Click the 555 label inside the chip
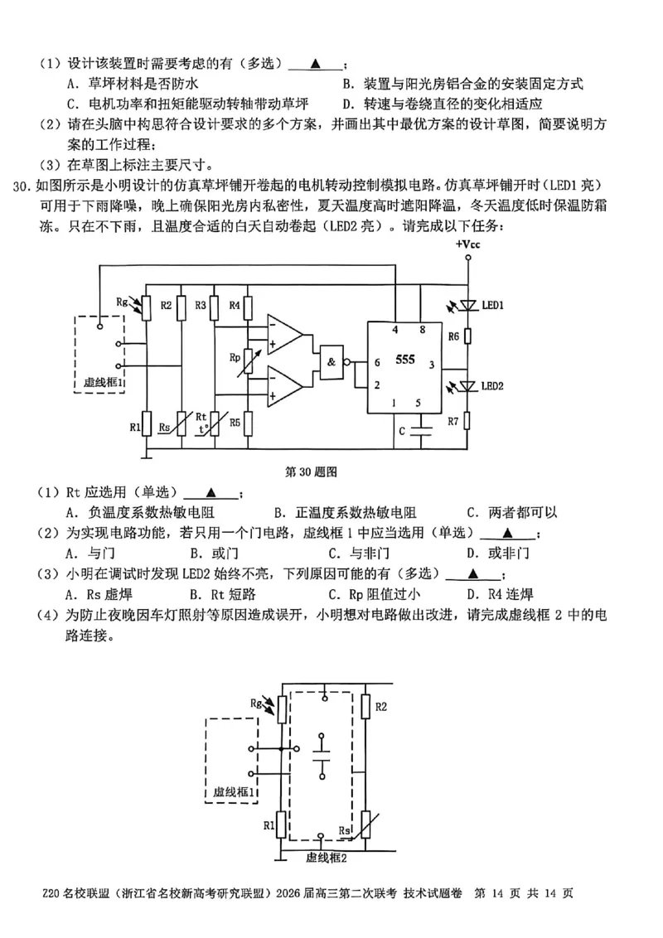click(405, 360)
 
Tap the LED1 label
click(493, 306)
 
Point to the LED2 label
click(493, 386)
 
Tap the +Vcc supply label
click(468, 244)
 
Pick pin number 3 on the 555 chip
click(432, 365)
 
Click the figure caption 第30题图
click(310, 471)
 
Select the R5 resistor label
click(235, 423)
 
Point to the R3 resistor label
click(201, 306)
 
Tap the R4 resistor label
click(235, 306)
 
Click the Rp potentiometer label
click(235, 357)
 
